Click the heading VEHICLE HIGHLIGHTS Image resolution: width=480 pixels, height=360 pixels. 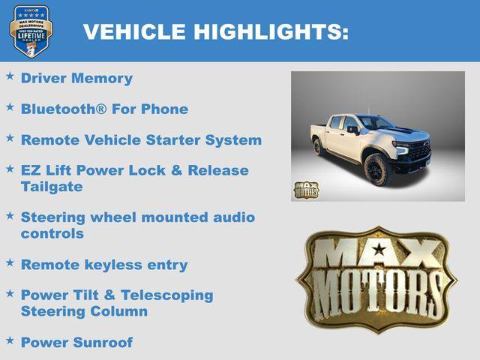(215, 31)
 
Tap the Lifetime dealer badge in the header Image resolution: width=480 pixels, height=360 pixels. (31, 31)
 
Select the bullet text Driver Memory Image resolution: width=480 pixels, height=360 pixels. (76, 78)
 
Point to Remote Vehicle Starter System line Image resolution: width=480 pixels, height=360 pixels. (141, 140)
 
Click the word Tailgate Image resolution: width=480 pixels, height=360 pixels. (52, 186)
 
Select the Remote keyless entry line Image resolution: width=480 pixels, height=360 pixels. (104, 265)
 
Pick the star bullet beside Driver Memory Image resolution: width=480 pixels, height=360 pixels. (10, 76)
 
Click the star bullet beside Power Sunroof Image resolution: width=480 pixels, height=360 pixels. (10, 340)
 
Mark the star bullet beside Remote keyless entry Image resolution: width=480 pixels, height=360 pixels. (10, 263)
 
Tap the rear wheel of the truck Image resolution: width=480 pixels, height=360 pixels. (318, 146)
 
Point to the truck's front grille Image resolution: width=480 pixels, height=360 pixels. (420, 151)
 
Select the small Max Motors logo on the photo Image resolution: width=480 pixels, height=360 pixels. (305, 190)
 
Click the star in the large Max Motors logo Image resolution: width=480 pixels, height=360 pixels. (379, 249)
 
